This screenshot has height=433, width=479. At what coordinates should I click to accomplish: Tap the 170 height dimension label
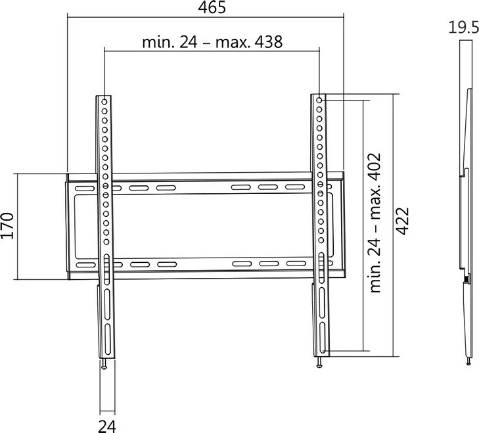9,226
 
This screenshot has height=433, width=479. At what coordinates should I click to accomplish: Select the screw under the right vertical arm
320,361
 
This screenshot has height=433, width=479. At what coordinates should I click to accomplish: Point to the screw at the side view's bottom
468,361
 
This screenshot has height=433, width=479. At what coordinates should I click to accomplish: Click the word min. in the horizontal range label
156,43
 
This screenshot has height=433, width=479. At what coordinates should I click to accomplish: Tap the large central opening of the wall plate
210,227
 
